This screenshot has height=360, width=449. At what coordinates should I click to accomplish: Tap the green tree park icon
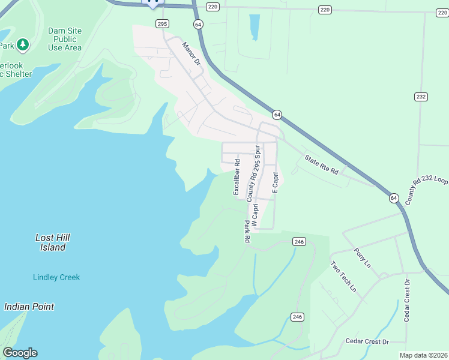point(23,44)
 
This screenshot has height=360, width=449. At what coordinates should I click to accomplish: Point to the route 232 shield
point(420,97)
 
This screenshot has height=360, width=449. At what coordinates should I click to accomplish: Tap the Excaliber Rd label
point(237,176)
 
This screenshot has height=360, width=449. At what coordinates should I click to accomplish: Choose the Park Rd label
point(247,231)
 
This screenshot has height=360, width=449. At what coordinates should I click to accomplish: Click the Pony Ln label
point(364,257)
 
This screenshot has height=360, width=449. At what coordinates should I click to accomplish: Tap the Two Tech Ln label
point(343,277)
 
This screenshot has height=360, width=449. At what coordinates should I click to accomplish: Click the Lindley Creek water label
point(56,277)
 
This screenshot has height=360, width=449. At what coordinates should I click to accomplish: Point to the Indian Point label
point(29,307)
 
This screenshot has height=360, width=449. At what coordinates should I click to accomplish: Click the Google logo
point(20,353)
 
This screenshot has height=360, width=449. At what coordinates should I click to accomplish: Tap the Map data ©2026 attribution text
point(423,355)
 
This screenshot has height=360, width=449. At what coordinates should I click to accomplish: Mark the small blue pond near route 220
point(254,26)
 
